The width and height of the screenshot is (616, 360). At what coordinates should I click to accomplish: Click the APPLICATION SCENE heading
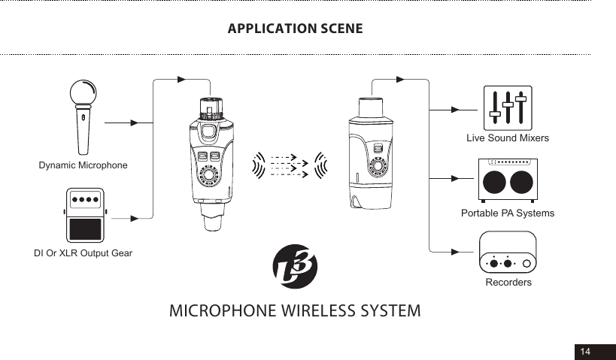coord(295,29)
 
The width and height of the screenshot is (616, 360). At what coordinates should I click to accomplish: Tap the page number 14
coord(584,352)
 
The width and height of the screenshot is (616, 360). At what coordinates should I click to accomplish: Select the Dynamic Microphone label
coord(83,165)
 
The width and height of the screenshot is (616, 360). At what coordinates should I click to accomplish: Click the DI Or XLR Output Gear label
coord(83,253)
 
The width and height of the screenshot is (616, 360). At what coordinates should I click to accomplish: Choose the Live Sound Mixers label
coord(507,138)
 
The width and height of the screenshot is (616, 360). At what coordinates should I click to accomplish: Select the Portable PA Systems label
coord(507,213)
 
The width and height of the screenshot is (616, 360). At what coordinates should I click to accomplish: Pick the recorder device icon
coord(508,252)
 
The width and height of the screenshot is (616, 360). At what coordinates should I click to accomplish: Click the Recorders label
coord(508,283)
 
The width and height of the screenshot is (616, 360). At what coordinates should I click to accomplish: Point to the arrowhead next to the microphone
coord(135,122)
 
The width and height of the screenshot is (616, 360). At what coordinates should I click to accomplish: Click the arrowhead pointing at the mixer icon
coord(455,109)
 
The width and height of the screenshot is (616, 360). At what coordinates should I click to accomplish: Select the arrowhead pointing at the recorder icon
coord(455,251)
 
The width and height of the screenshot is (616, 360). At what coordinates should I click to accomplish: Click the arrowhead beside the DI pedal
coord(135,219)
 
